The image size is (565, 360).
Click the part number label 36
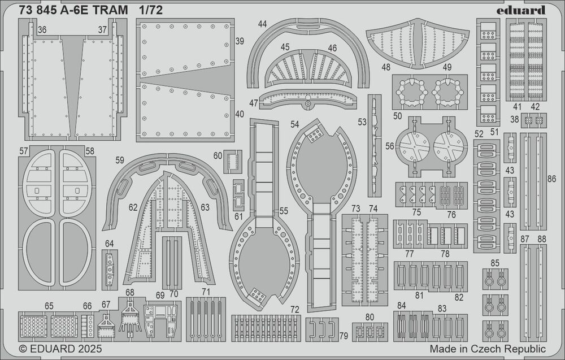pos(41,29)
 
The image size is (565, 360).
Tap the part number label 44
pos(262,24)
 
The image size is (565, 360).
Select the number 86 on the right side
pos(552,179)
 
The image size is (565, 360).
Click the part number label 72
pos(294,310)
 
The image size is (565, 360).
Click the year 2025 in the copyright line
pos(78,349)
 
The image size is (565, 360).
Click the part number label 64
pos(109,244)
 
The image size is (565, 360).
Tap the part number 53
pos(362,122)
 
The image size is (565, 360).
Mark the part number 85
pos(495,263)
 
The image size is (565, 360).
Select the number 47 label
pos(254,103)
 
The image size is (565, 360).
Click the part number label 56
pos(389,145)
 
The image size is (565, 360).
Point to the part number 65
pos(50,306)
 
